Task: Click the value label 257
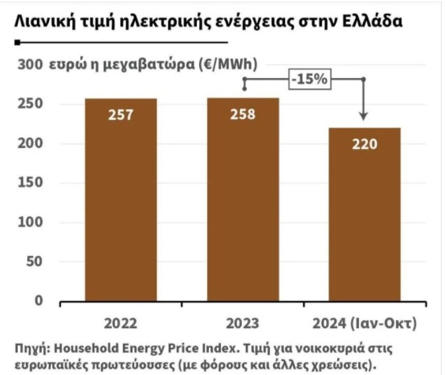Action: point(120,115)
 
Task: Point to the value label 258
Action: point(243,115)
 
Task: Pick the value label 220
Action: point(365,144)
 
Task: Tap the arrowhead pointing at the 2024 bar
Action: point(363,117)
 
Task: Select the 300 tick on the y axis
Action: point(30,65)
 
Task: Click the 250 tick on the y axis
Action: point(30,104)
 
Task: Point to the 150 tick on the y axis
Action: point(30,183)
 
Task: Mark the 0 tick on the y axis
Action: point(38,301)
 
